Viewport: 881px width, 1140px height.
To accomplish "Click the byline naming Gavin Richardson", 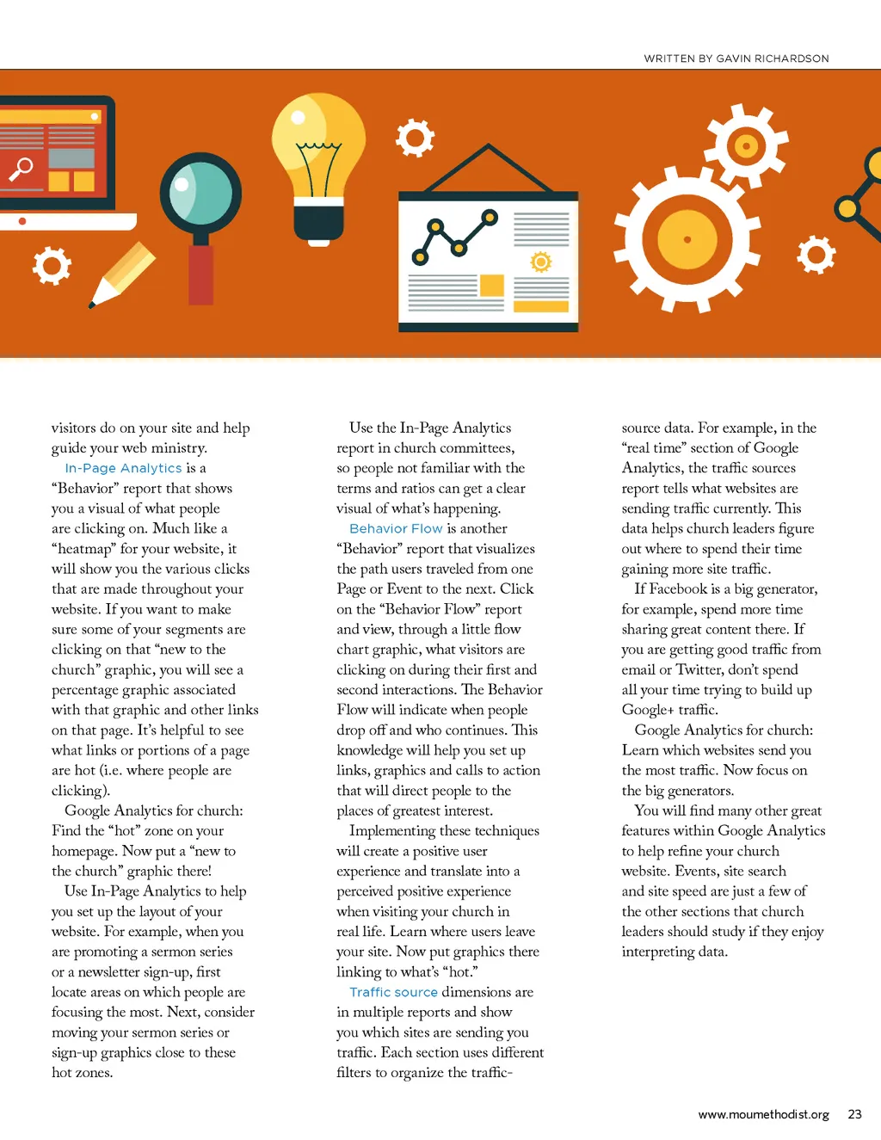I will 736,59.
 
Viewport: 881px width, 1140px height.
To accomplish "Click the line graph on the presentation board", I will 453,236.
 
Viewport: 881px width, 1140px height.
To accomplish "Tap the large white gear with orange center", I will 687,239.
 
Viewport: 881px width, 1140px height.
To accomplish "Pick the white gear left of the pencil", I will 52,266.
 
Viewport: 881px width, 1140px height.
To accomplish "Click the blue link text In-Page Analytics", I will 123,468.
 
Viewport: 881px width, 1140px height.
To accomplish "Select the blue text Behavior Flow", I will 396,528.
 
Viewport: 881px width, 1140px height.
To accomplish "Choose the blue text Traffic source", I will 393,992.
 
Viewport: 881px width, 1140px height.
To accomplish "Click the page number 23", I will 854,1114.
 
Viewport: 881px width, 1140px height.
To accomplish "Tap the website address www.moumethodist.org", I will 763,1114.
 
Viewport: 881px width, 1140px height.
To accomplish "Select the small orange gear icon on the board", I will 540,262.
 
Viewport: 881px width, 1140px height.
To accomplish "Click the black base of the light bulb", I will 318,221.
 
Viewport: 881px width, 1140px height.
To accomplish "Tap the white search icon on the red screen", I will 21,169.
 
